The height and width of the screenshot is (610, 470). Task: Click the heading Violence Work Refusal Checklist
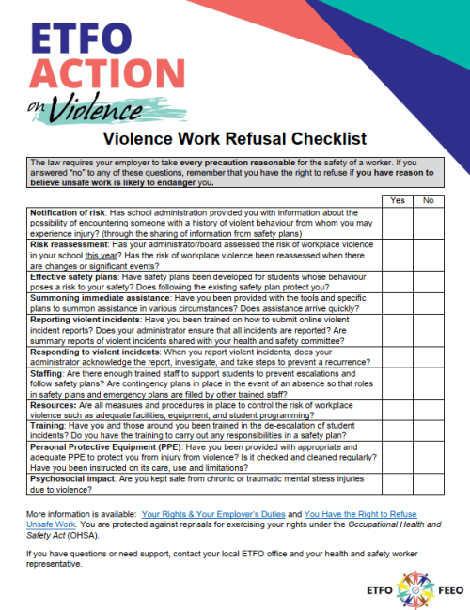point(234,140)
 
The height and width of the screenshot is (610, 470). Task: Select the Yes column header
point(396,200)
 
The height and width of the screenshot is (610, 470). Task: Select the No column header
point(429,200)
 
